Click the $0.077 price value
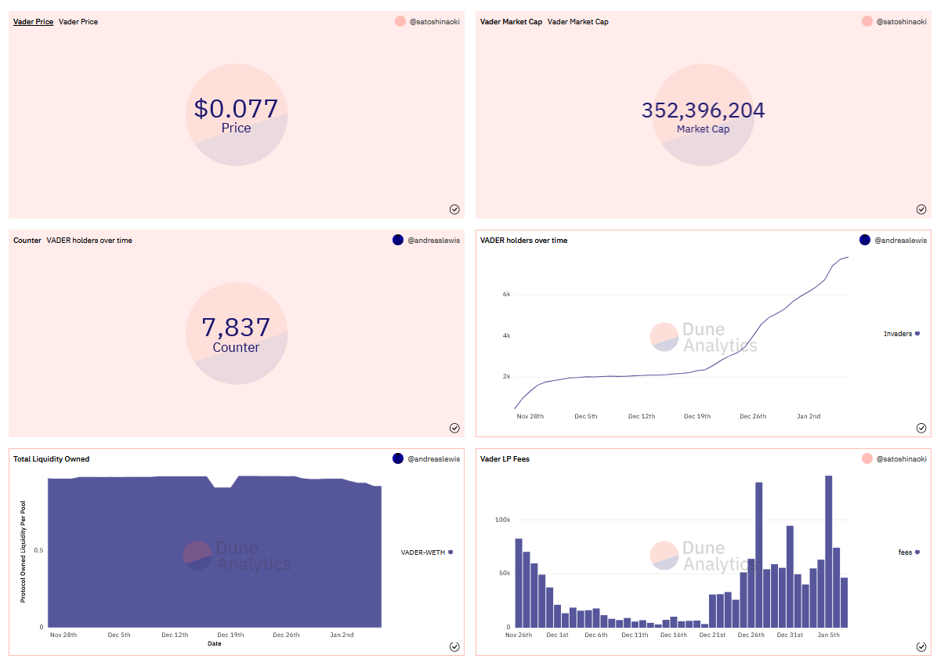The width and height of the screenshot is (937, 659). coord(236,108)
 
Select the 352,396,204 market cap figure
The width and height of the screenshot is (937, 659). coord(703,110)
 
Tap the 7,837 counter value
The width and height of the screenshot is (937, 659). coord(236,327)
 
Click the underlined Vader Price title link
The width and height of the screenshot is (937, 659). coord(33,22)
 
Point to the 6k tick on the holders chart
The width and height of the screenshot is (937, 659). coord(506,295)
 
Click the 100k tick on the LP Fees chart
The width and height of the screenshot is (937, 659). coord(501,520)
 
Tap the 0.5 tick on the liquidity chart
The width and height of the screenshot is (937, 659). coord(38,550)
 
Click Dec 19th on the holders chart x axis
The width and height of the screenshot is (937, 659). coord(696,416)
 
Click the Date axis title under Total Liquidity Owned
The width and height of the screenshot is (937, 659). coord(214,643)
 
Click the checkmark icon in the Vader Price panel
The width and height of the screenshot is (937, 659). coord(454,209)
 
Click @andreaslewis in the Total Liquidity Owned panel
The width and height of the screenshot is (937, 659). coord(433,459)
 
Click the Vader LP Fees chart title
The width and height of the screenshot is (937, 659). coord(505,459)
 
